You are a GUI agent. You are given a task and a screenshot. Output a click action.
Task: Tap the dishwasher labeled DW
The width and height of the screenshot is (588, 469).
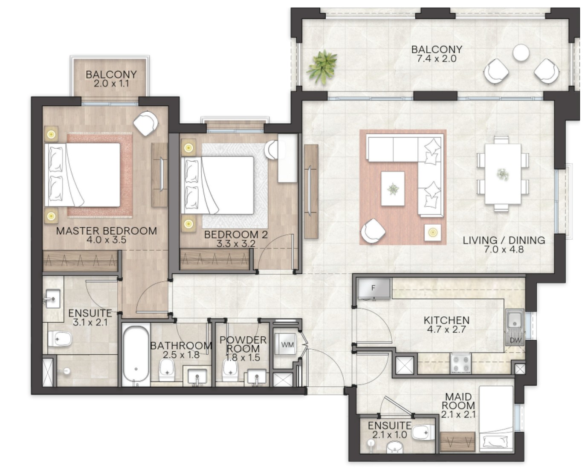(515, 340)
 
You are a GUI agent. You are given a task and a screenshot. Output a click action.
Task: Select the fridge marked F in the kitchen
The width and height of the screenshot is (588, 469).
(374, 288)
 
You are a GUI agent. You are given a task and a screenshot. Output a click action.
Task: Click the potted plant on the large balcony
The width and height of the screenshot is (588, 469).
(322, 67)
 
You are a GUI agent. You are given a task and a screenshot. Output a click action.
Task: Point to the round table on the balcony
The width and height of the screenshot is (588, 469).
(521, 52)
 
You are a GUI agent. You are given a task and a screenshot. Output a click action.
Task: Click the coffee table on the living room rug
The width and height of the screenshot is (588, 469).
(393, 188)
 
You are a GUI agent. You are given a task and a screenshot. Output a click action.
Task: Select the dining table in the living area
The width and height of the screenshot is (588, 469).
(503, 174)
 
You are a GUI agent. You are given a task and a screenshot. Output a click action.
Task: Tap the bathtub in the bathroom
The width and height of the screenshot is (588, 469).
(136, 355)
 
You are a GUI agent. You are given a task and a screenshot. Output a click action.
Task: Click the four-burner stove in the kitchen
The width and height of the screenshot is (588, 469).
(461, 363)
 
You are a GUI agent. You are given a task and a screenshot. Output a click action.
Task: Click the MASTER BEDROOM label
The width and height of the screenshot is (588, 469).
(107, 231)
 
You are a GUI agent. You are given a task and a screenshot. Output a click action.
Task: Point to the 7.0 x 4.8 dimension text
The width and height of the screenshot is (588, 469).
(504, 249)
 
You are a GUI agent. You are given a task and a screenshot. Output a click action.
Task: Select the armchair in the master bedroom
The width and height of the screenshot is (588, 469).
(146, 123)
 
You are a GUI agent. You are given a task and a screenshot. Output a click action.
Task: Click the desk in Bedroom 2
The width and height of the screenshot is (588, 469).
(287, 158)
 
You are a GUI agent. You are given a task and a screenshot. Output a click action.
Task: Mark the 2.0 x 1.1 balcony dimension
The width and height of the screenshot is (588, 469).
(111, 84)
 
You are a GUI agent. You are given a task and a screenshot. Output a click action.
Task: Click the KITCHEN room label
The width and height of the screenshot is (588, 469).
(446, 320)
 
